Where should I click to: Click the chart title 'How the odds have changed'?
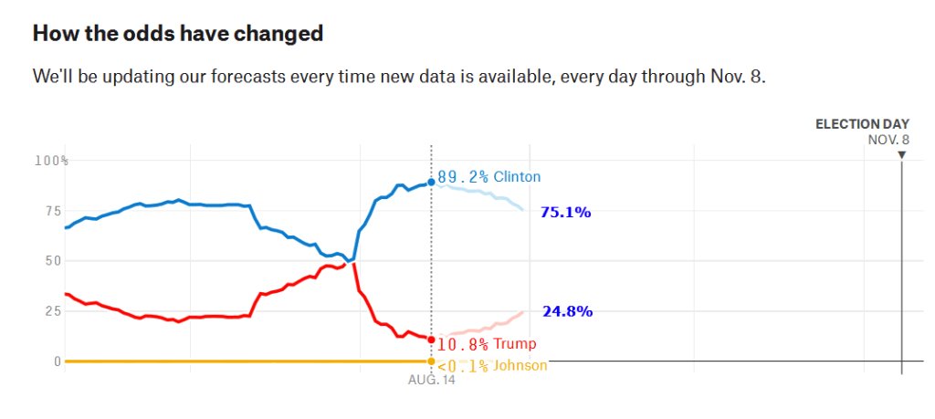(178, 34)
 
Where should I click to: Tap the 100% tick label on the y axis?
(51, 161)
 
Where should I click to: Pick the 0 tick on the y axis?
(58, 361)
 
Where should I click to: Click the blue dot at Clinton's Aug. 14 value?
(431, 183)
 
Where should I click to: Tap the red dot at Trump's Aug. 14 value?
(431, 340)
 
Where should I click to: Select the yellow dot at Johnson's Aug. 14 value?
(431, 361)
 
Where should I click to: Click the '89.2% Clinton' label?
(489, 177)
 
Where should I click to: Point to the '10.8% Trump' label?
(487, 344)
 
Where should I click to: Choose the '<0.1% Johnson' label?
(492, 366)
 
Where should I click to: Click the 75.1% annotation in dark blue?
(566, 212)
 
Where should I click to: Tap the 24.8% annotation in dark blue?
(568, 311)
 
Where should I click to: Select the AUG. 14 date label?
(431, 381)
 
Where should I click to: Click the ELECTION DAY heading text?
(862, 124)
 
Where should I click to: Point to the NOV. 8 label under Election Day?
(888, 140)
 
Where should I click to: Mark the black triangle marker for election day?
(901, 155)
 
